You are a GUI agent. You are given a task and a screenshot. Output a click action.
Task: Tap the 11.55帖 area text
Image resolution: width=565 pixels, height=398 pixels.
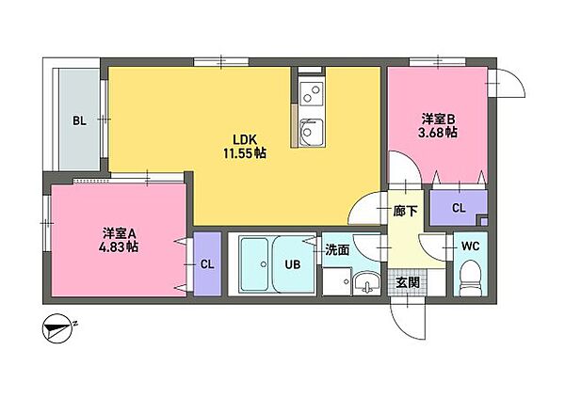coord(243,151)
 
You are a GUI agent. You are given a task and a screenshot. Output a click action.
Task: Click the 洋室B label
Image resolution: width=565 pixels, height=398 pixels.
coord(438,119)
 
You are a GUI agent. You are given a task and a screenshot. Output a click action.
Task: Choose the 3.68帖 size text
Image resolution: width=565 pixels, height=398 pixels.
coord(439,134)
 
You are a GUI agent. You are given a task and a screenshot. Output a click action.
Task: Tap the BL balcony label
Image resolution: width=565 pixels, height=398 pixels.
coord(80,120)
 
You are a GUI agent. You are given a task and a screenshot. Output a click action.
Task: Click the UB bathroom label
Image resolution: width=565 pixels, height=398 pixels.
coord(292,264)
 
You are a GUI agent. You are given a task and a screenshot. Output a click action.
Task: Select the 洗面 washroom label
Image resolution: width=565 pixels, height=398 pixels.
coord(337,250)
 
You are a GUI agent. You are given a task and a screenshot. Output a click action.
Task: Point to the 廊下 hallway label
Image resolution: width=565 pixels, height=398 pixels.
coord(405,212)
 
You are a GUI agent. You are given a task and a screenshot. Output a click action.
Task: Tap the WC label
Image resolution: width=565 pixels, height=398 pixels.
coord(471,247)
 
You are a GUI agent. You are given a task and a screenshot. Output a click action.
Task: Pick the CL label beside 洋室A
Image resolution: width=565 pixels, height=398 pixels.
coord(207,264)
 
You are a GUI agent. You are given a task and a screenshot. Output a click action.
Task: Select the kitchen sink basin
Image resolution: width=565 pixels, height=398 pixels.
coord(310,130)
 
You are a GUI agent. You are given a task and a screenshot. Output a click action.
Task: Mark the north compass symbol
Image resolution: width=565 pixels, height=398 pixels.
coord(59,330)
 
